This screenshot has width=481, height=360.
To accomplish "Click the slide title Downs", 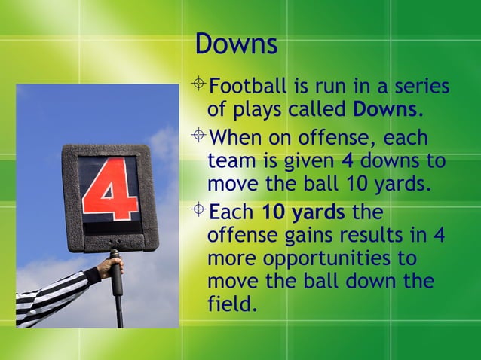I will point(236,44).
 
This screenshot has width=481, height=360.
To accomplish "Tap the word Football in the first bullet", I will point(249,87).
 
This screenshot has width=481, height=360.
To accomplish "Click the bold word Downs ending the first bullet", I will point(384,110).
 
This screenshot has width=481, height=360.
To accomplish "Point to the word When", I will point(235,139).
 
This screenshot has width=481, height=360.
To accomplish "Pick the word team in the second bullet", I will point(228,161).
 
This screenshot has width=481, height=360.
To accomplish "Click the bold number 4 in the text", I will point(348,161).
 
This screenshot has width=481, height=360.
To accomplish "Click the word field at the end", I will point(229,305).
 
